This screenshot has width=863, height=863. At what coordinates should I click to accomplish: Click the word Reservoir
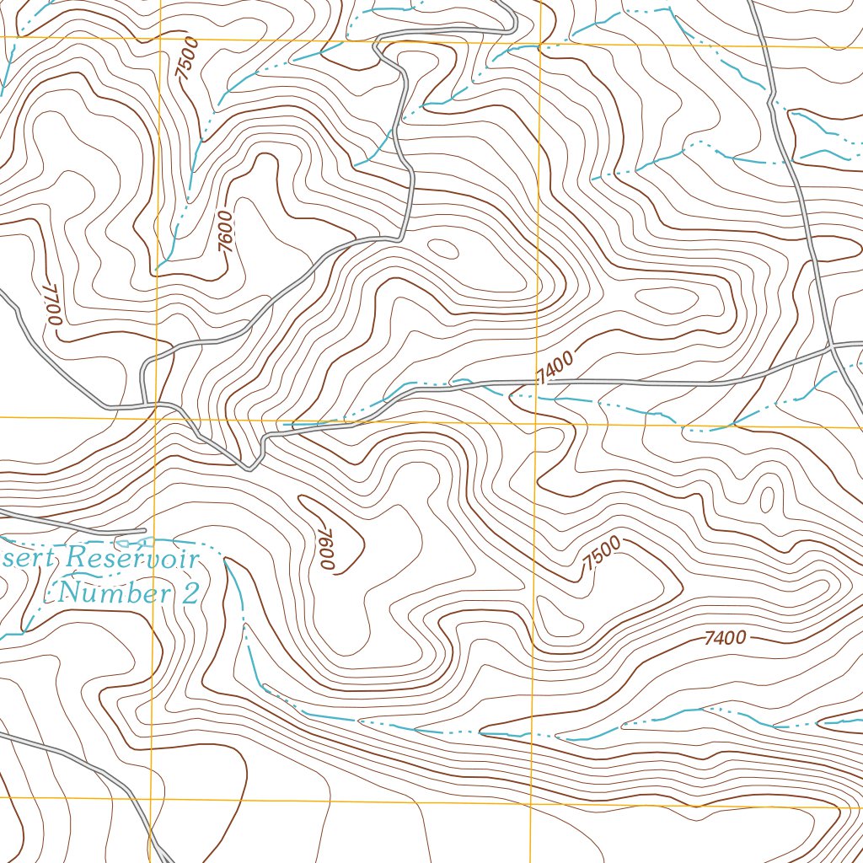[x=135, y=559]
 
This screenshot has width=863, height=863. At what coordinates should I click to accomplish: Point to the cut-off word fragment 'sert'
[x=30, y=557]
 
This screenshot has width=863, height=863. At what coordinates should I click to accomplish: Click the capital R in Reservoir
[x=78, y=558]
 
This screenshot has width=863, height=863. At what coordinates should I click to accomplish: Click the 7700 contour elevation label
[x=52, y=303]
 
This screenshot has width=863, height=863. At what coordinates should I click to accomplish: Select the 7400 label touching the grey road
[x=554, y=368]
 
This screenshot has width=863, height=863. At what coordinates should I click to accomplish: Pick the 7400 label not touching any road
[x=724, y=638]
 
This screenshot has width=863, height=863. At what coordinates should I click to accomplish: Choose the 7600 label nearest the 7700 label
[x=224, y=230]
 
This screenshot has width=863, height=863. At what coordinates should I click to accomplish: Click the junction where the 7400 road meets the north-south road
[x=830, y=346]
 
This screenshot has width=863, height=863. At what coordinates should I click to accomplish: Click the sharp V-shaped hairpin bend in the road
[x=250, y=467]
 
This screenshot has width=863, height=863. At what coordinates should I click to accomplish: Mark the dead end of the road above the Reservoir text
[x=145, y=530]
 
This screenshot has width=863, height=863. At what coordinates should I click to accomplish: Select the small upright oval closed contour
[x=767, y=499]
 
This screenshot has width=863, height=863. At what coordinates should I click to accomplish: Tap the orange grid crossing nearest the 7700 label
[x=158, y=417]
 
